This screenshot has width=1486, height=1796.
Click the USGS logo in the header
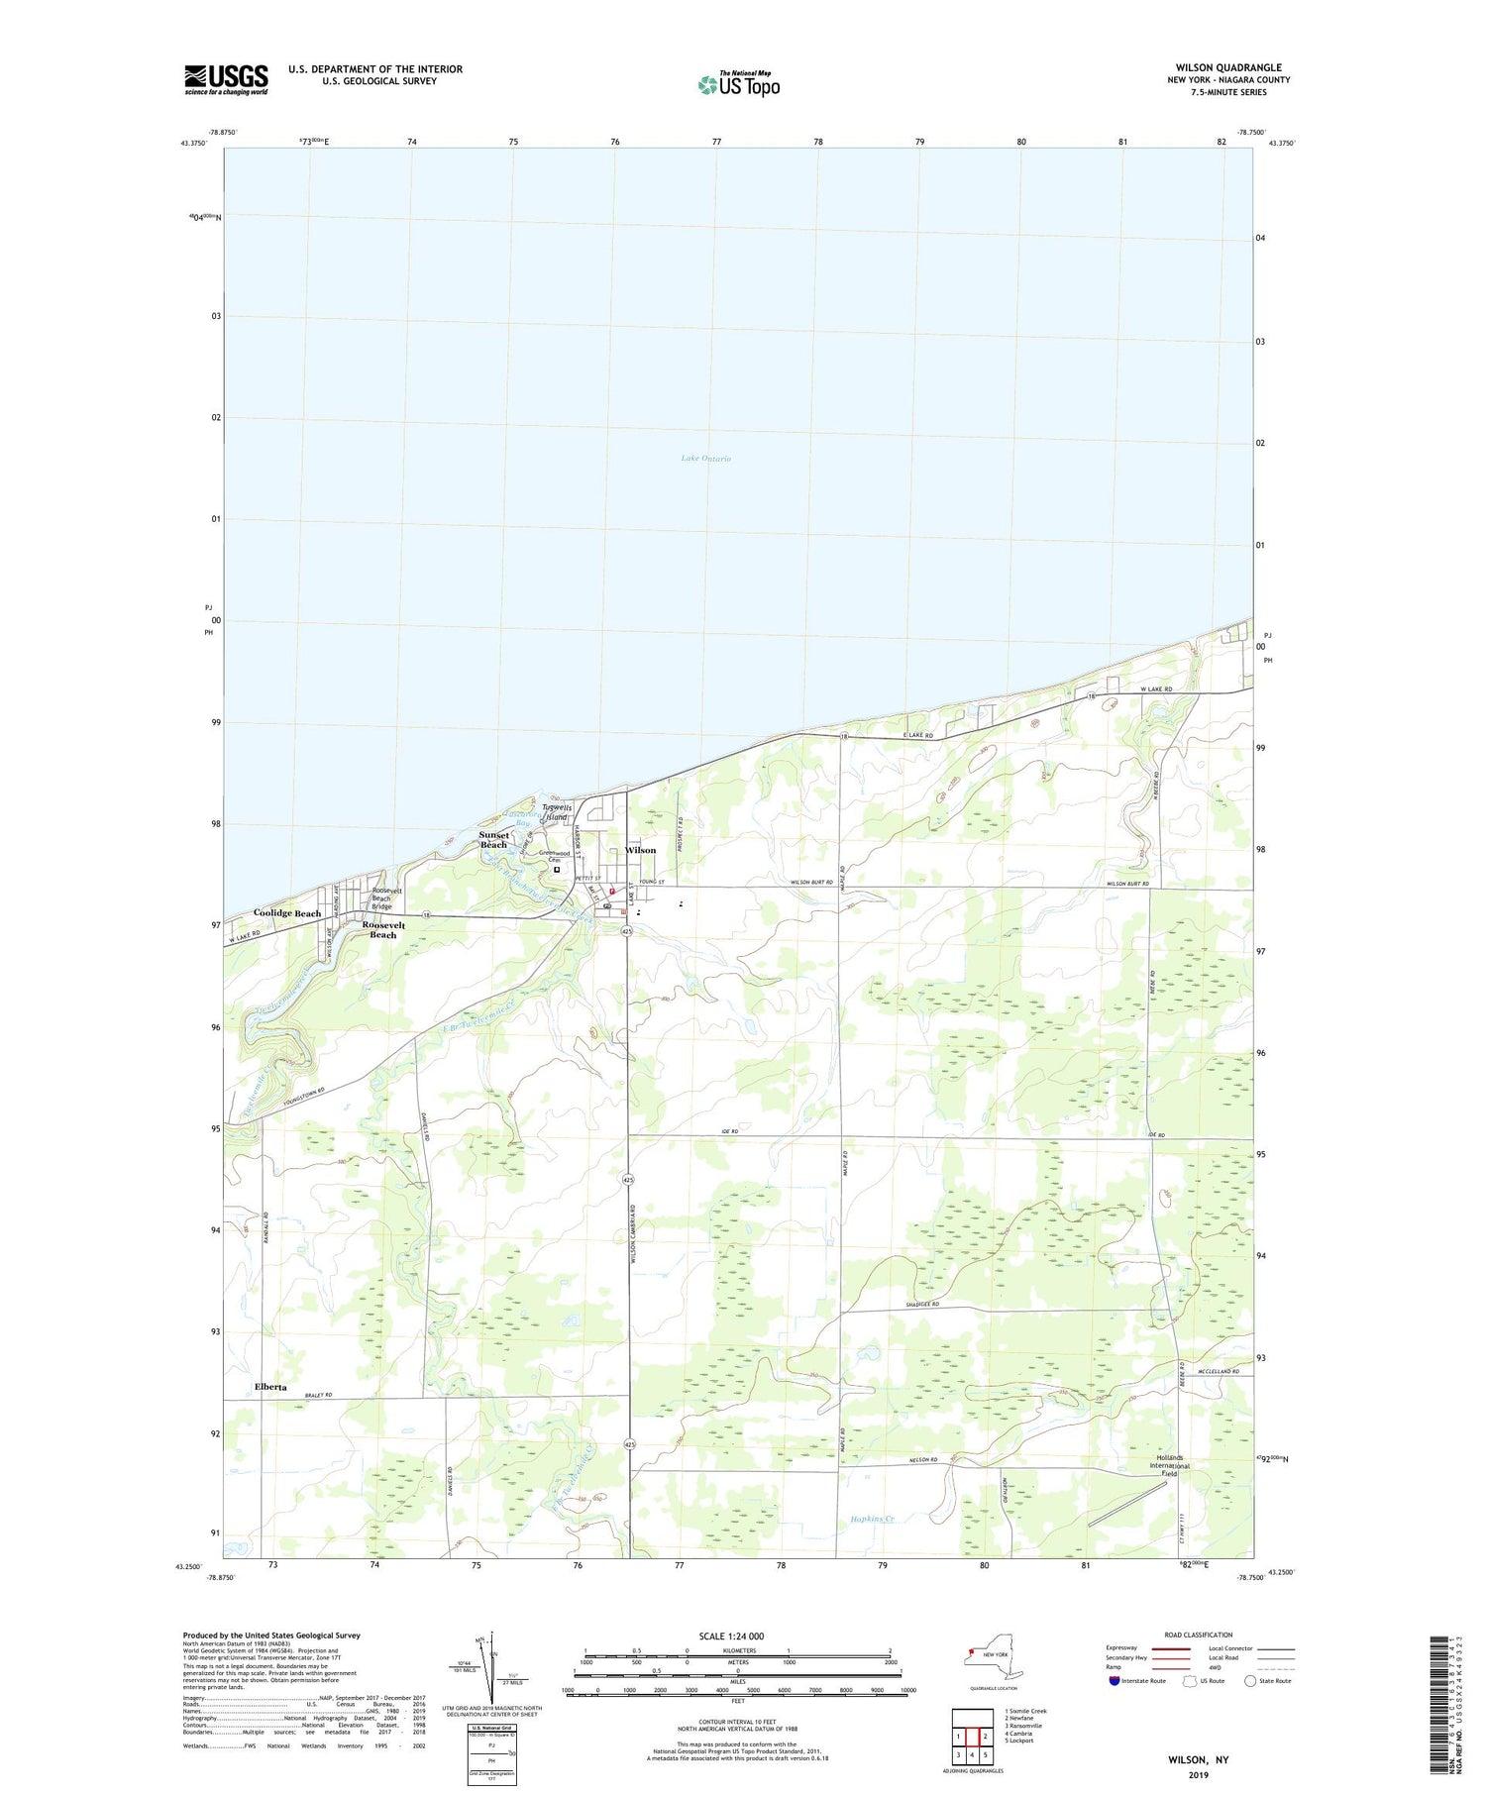pyautogui.click(x=226, y=79)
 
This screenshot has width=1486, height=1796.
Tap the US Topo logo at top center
pyautogui.click(x=738, y=84)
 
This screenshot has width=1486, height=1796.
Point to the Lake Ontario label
pyautogui.click(x=706, y=459)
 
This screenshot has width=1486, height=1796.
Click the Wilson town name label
pyautogui.click(x=640, y=850)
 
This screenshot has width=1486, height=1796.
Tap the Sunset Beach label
pyautogui.click(x=493, y=839)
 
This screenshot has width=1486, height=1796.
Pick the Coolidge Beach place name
pyautogui.click(x=287, y=912)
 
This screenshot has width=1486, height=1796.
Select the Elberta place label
pyautogui.click(x=270, y=1387)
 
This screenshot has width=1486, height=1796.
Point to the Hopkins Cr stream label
pyautogui.click(x=873, y=1519)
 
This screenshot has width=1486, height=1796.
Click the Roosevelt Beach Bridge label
pyautogui.click(x=382, y=898)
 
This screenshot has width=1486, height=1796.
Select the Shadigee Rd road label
pyautogui.click(x=921, y=1306)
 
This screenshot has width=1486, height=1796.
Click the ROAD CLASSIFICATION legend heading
pyautogui.click(x=1199, y=1635)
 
